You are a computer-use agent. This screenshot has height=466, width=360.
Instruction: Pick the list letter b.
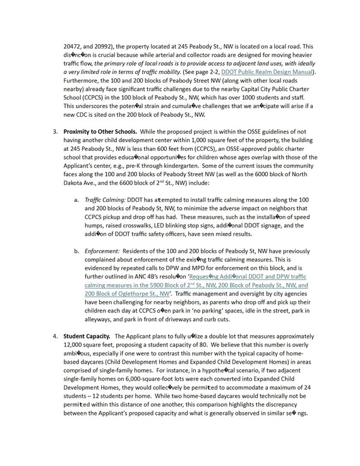76,269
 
